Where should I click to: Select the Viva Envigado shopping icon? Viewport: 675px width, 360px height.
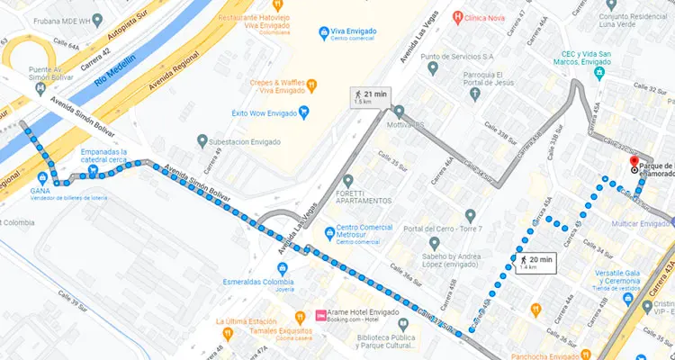[325, 34]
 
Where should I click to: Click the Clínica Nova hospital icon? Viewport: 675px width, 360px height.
[459, 16]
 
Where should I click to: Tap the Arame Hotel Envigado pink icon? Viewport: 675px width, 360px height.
[321, 315]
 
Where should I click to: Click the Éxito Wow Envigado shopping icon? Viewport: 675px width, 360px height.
[304, 112]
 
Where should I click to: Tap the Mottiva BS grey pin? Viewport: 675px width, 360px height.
[398, 112]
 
